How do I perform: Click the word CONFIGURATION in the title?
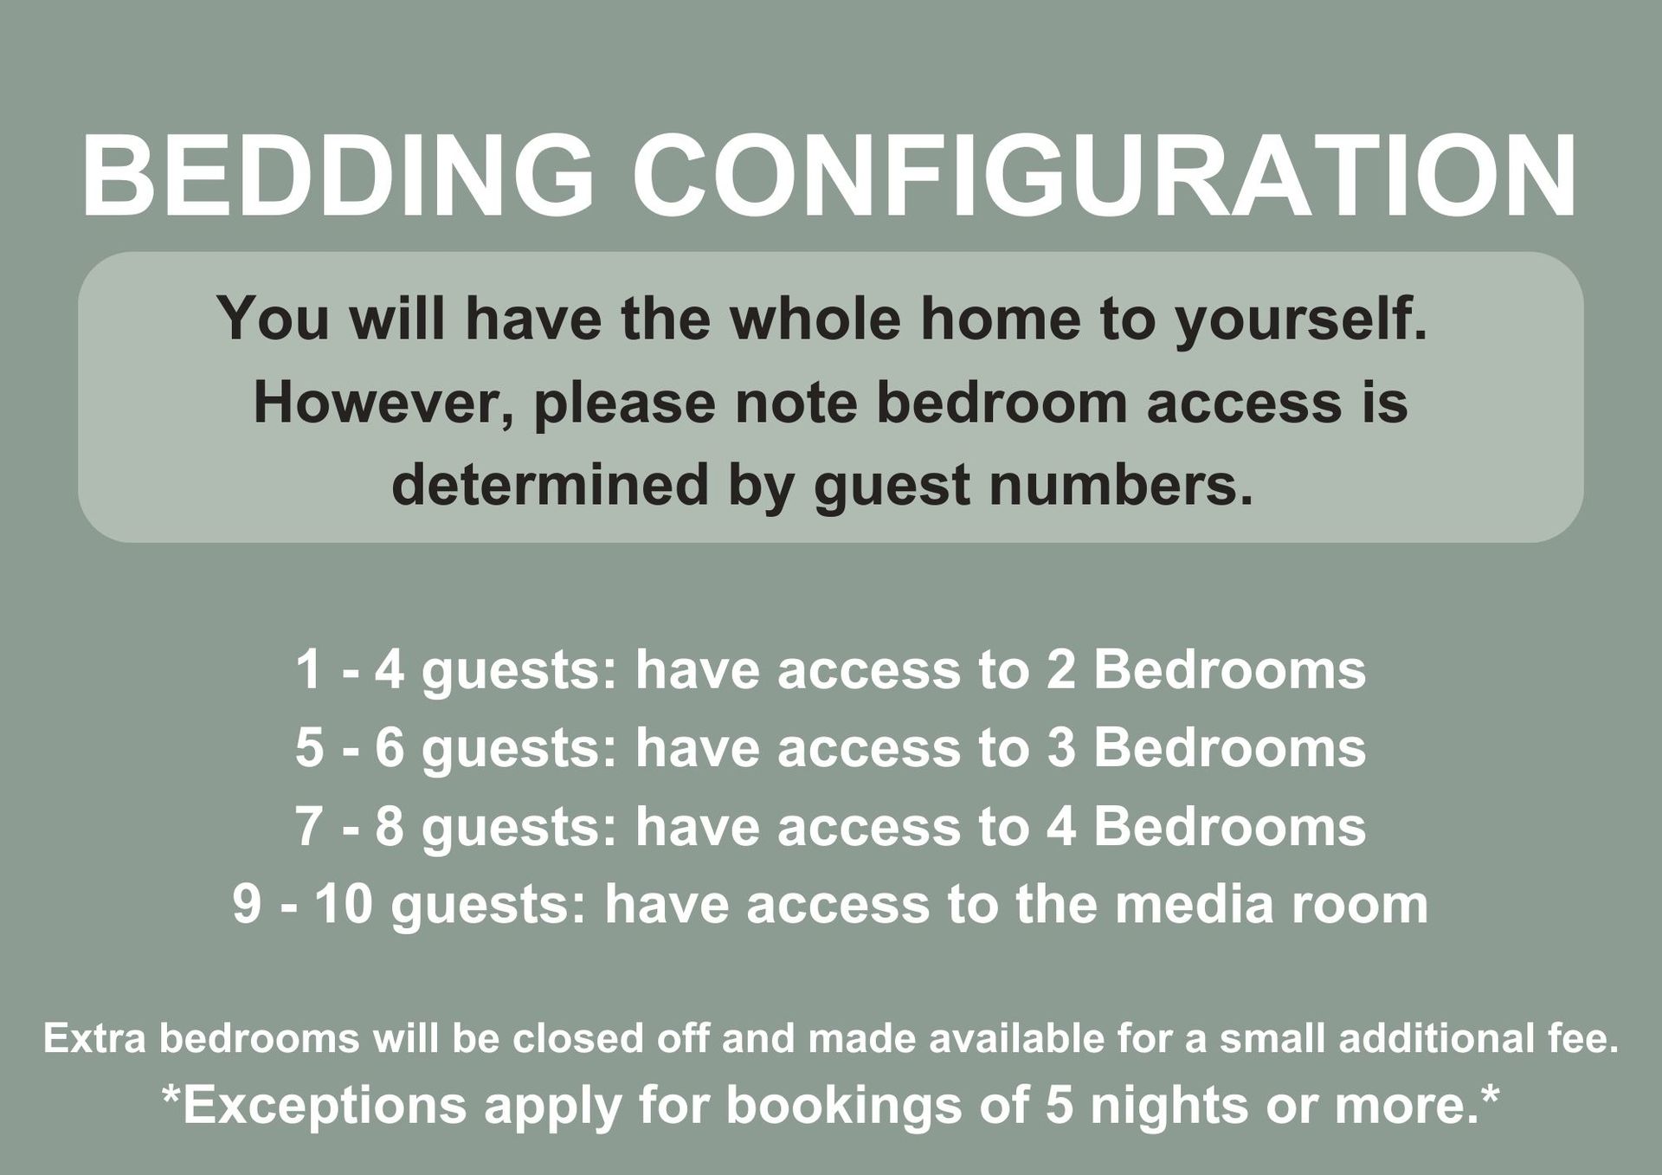1105,176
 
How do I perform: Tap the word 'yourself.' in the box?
1300,320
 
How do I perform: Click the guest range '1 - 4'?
351,669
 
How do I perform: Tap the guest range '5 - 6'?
351,747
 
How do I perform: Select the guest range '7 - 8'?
351,825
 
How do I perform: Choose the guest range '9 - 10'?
303,903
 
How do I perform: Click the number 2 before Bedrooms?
1060,669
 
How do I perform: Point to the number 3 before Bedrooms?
1061,747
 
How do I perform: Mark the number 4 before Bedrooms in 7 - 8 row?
1061,825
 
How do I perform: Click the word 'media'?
1195,903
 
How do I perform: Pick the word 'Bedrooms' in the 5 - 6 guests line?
1230,747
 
